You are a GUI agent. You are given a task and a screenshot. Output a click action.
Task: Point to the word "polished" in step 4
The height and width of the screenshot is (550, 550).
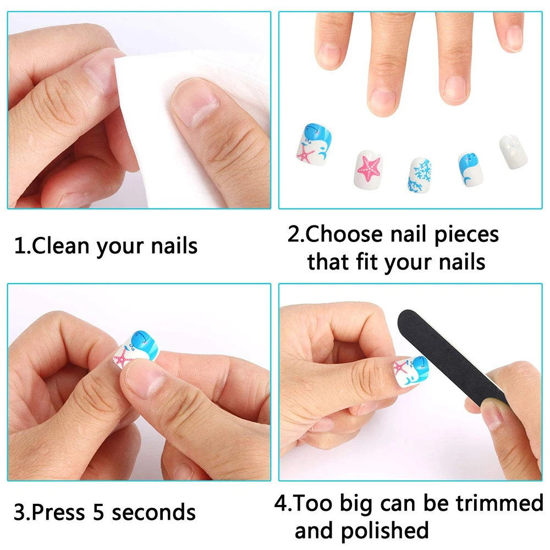coord(384,531)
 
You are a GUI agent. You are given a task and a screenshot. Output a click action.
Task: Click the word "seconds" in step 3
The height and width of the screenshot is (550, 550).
coord(153,512)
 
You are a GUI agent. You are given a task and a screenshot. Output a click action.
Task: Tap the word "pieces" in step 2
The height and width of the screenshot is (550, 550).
coord(466,235)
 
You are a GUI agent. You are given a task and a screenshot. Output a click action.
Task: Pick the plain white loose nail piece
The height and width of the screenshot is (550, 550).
coord(513,151)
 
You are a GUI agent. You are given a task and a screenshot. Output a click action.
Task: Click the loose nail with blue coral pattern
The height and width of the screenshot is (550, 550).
coord(420,173)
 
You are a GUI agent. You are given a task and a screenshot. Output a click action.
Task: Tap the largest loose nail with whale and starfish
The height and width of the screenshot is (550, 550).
coord(312,145)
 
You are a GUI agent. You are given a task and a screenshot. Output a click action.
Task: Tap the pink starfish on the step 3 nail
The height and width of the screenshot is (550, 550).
coord(123,359)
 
